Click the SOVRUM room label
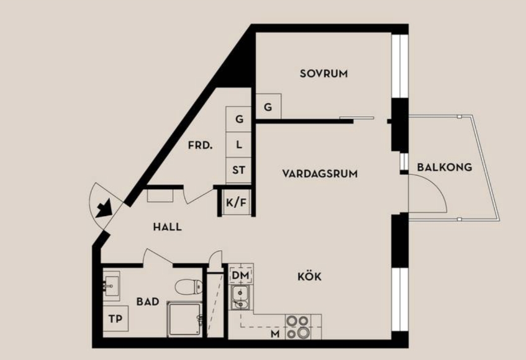point(324,74)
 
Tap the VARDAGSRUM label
point(320,174)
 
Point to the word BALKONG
point(445,167)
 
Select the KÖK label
point(309,277)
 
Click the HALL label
point(168,227)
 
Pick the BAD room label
point(148,302)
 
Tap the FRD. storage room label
point(200,145)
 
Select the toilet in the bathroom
point(189,287)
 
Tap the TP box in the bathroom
point(116,319)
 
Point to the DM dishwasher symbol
point(241,276)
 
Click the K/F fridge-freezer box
point(236,202)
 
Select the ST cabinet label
point(238,170)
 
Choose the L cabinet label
point(239,145)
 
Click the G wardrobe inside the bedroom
point(268,107)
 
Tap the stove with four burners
point(298,327)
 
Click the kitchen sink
point(240,298)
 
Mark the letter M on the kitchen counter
point(275,334)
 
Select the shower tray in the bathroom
point(184,319)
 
